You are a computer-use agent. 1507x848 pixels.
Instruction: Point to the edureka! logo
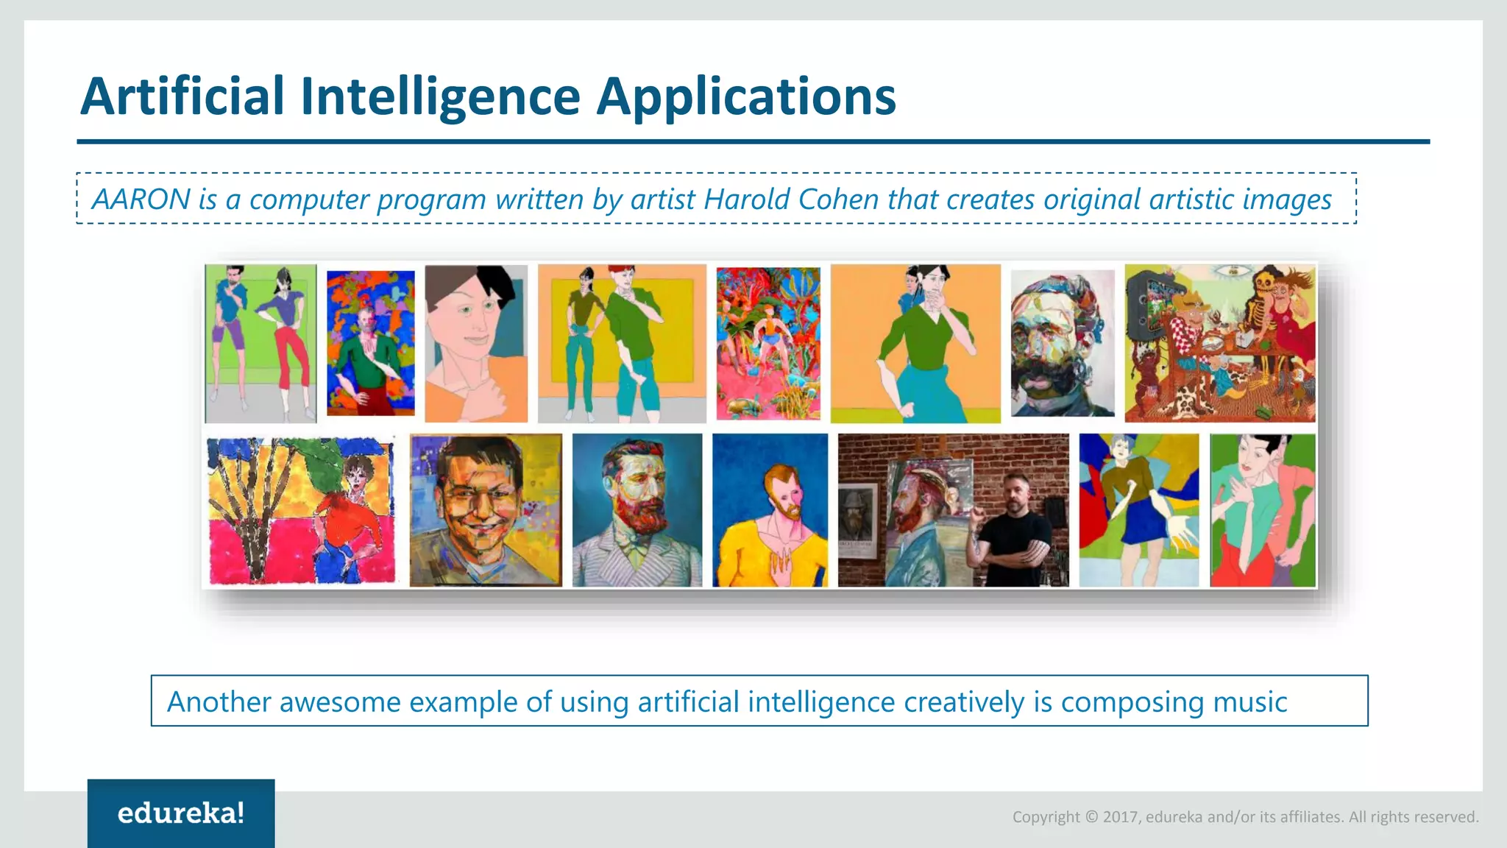coord(181,813)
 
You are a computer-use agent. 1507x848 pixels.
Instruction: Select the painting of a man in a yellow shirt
coord(770,510)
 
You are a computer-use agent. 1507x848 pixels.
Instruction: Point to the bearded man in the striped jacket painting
coord(637,510)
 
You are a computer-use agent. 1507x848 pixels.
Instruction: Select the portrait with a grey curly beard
coord(1062,343)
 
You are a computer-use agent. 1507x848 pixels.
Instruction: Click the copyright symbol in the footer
coord(1091,817)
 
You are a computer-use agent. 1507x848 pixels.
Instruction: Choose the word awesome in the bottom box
coord(339,702)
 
